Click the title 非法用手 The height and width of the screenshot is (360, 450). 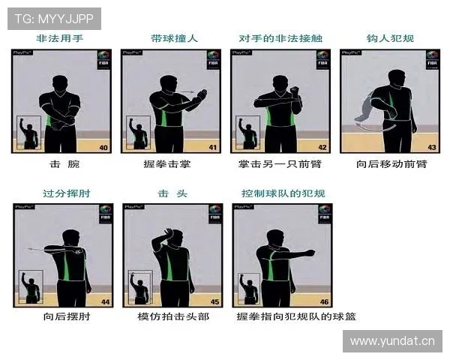[x=61, y=38]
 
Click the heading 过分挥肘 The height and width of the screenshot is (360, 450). [x=61, y=193]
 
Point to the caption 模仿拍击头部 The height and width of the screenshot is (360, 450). [x=173, y=316]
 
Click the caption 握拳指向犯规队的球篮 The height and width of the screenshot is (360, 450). [x=295, y=316]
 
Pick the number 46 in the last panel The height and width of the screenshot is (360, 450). [x=324, y=301]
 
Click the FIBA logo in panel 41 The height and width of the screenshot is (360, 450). [x=213, y=59]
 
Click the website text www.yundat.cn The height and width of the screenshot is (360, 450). [x=392, y=341]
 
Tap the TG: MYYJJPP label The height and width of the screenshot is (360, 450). [x=53, y=17]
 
